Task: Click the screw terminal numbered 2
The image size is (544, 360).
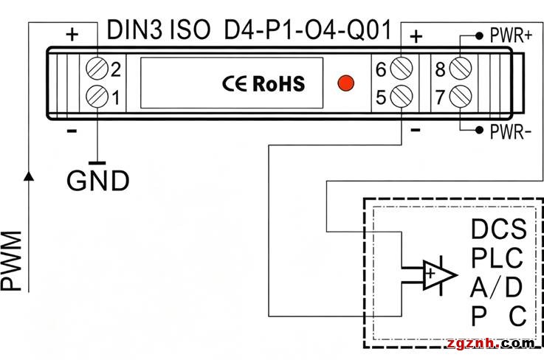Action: tap(97, 69)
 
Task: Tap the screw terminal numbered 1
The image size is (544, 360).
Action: tap(97, 96)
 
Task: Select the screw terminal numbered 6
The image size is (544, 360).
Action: tap(402, 68)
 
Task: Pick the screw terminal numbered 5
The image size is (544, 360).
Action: tap(402, 96)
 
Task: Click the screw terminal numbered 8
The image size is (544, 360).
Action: tap(461, 68)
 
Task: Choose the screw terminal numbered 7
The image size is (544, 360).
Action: tap(461, 96)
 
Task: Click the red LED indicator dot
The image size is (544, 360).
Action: tap(345, 83)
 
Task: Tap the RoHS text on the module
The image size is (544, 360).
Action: tap(278, 83)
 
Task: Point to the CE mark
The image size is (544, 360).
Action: tap(235, 83)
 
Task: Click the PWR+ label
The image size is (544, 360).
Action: tap(511, 35)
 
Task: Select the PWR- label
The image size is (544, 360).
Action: tap(510, 132)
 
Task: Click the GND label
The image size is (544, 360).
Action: tap(98, 180)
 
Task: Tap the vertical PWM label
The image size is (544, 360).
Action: tap(11, 261)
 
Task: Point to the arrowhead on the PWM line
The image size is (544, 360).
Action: tap(29, 176)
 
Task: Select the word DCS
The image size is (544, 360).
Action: tap(498, 229)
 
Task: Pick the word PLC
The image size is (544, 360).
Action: tap(497, 257)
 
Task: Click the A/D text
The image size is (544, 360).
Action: tap(496, 287)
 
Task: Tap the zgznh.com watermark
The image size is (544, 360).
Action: tap(491, 343)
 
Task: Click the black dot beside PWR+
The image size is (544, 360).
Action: tap(479, 35)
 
